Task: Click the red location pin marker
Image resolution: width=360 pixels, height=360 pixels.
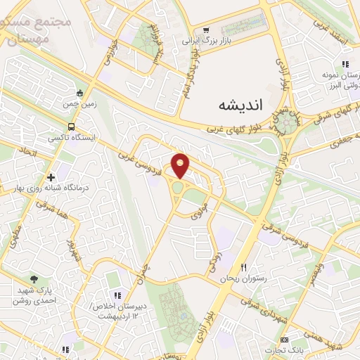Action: [181, 165]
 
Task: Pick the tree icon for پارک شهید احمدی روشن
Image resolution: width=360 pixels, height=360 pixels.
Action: [34, 279]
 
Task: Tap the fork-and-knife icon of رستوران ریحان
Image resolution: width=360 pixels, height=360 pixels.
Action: [244, 267]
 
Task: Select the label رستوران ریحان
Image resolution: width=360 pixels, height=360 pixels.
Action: [240, 279]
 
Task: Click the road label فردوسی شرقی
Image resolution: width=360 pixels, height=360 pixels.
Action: [278, 231]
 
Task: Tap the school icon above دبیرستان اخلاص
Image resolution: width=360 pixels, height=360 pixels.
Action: [117, 295]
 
